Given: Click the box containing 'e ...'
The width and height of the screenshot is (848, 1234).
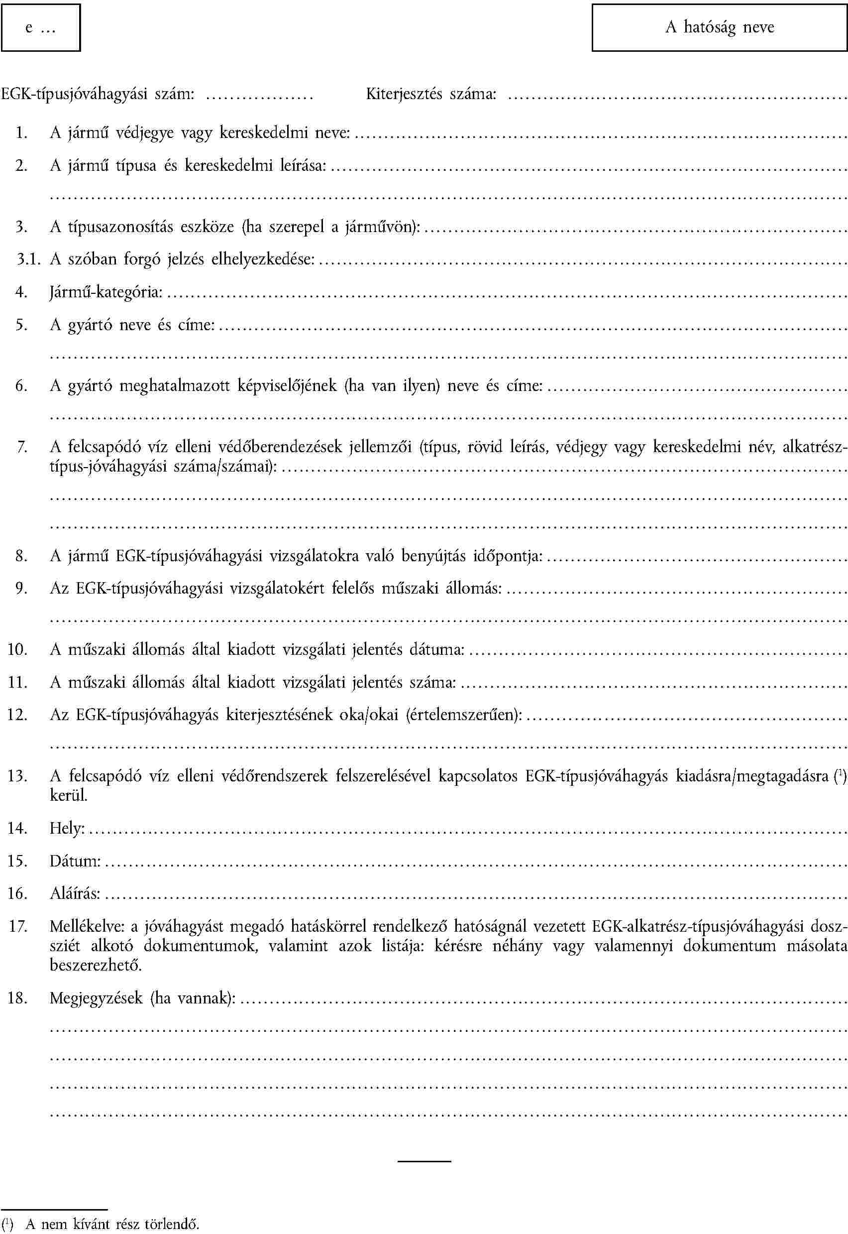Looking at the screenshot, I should (x=41, y=28).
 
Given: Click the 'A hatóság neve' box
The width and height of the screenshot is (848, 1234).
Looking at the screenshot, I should (x=719, y=28).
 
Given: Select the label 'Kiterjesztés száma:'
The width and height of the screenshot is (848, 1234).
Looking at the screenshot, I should (x=431, y=95).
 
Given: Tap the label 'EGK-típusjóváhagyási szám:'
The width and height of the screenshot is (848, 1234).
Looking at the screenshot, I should (x=98, y=95).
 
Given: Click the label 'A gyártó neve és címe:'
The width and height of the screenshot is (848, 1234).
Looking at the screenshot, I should (x=132, y=325).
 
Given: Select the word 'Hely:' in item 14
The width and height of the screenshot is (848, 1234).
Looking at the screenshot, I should (x=68, y=828).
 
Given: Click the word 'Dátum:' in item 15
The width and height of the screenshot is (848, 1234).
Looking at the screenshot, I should (x=75, y=861).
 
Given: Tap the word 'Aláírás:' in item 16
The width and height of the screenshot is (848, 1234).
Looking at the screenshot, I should (x=75, y=894).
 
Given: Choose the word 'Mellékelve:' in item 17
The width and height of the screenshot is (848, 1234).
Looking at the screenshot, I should (x=87, y=927).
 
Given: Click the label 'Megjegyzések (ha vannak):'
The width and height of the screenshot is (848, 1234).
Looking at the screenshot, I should (x=142, y=998).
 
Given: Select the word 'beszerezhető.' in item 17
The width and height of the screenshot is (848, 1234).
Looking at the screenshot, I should (x=96, y=965).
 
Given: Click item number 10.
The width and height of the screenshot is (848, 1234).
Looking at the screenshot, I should (x=17, y=649).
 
